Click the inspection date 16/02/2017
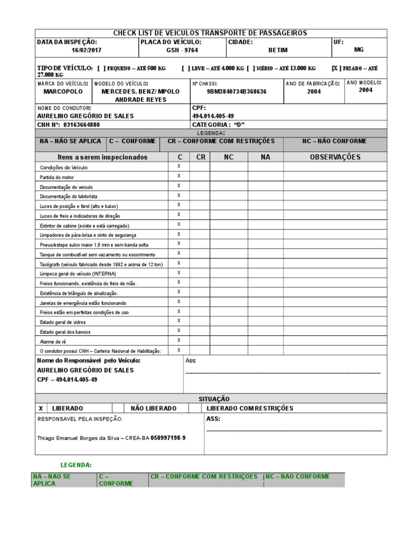click(x=87, y=50)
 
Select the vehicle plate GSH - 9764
click(x=182, y=50)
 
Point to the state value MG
click(x=359, y=49)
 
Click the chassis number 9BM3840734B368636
click(x=236, y=91)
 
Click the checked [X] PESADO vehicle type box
click(x=337, y=68)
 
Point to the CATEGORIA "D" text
click(x=219, y=125)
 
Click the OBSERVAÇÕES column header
click(x=335, y=157)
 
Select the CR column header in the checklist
click(x=200, y=157)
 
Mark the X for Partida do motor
click(x=179, y=176)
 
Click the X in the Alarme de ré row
click(x=179, y=340)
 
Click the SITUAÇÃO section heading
click(x=214, y=399)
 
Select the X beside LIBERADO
click(x=41, y=408)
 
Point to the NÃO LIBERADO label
click(x=153, y=408)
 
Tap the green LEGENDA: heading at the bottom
click(x=76, y=465)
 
